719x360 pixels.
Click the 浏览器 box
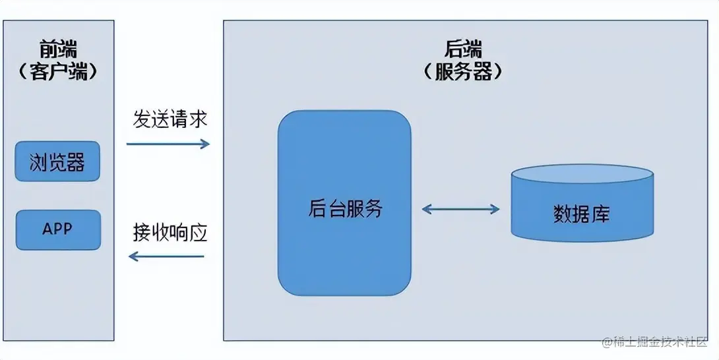point(57,161)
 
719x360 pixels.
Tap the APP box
point(57,229)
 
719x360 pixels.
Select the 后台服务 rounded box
point(344,251)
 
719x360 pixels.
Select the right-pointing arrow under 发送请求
point(168,143)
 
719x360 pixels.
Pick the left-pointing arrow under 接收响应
point(168,256)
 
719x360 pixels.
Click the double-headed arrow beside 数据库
point(460,210)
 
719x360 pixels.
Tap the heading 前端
point(58,50)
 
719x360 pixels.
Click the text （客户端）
point(58,72)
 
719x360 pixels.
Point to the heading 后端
point(463,49)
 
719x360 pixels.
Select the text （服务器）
point(463,71)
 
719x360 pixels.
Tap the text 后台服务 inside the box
point(345,208)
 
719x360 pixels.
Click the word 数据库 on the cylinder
point(581,214)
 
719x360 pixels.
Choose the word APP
point(57,229)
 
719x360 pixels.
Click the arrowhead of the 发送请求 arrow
point(205,143)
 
